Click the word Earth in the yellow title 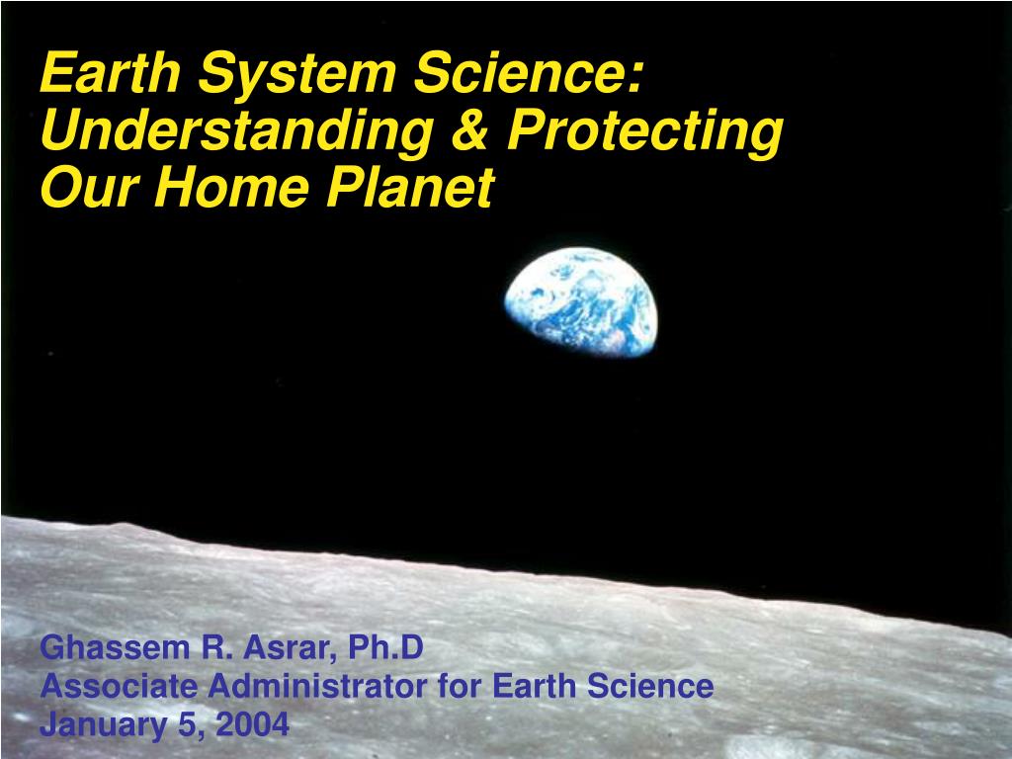coord(111,72)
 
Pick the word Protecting coord(644,133)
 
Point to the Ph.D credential coord(386,647)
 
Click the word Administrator coord(317,686)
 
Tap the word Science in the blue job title coord(650,686)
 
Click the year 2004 coord(252,723)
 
